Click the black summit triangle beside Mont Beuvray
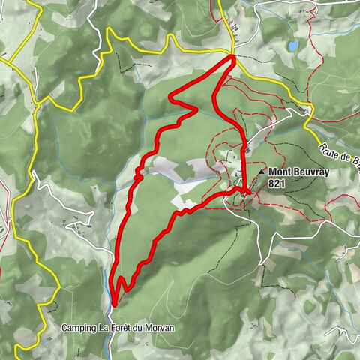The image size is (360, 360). pos(261,172)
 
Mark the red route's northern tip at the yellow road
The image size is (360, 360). pos(233,57)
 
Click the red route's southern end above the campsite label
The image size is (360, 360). pos(112,301)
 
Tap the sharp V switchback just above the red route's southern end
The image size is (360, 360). pos(118,279)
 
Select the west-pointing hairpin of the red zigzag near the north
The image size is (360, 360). pos(172,96)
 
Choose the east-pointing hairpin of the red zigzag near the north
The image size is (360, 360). pos(196,109)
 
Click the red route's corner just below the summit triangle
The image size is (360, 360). pos(247,193)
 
